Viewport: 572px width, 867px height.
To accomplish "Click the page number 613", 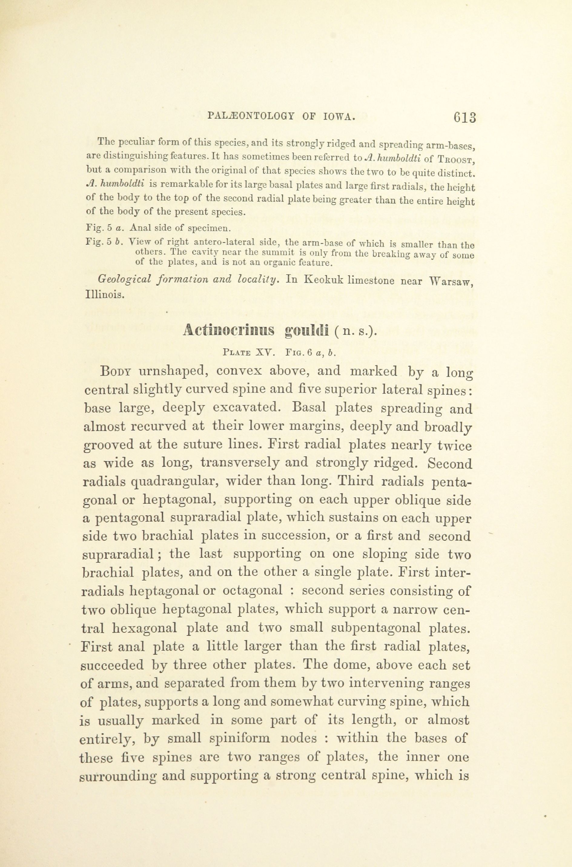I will point(465,118).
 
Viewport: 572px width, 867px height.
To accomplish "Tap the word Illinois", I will point(105,295).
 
